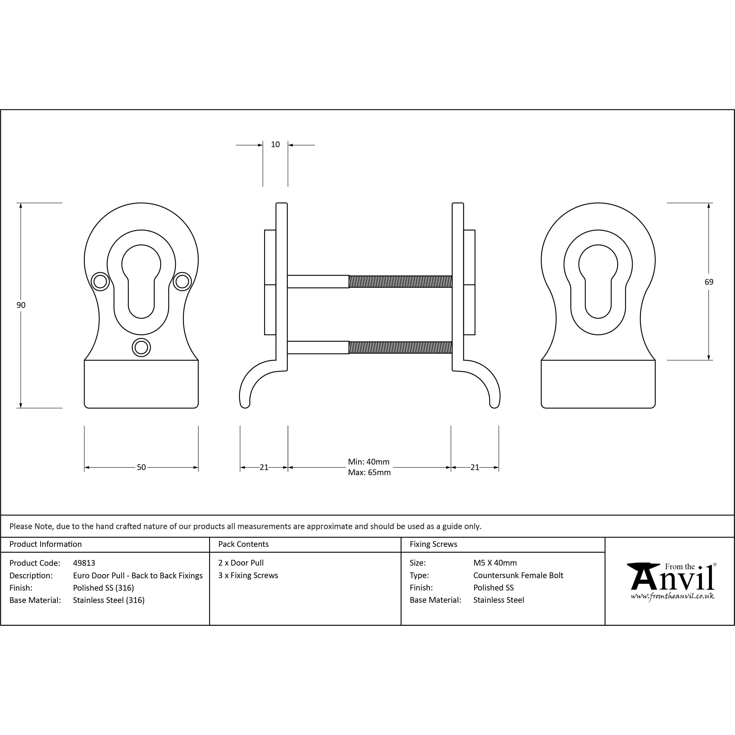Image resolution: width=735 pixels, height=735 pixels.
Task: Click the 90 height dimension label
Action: point(21,305)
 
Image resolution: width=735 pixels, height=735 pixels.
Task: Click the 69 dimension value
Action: point(709,282)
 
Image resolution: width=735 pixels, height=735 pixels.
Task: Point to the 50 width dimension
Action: point(141,467)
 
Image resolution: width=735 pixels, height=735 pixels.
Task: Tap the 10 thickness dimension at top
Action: point(275,145)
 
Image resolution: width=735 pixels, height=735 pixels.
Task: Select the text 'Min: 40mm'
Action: point(369,462)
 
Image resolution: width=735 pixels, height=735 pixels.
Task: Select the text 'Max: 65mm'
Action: point(369,473)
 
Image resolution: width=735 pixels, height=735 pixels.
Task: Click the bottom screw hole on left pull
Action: point(141,347)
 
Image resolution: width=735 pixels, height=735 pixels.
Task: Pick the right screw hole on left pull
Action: point(182,282)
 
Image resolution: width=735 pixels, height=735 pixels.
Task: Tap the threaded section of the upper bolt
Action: point(400,282)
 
